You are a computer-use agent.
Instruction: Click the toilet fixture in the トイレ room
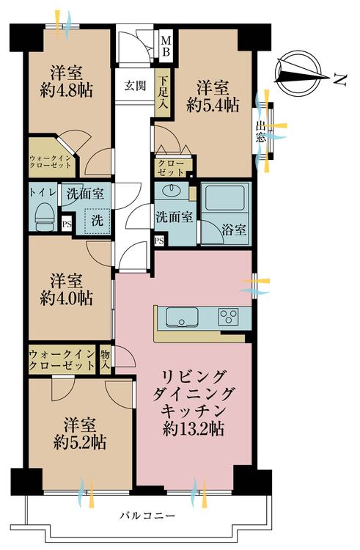(45, 215)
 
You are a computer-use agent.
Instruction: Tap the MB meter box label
(166, 47)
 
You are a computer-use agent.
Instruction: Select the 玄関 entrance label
(135, 86)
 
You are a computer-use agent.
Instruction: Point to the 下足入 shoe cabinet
(163, 92)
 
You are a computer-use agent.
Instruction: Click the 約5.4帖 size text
(213, 105)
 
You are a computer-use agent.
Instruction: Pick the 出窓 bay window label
(260, 131)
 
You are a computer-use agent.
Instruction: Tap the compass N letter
(339, 80)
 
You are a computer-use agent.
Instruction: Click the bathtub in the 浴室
(224, 197)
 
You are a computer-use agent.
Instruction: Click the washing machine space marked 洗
(98, 220)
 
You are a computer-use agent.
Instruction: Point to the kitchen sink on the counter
(182, 317)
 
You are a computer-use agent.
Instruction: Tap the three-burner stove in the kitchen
(229, 317)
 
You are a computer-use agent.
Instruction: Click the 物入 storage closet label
(105, 360)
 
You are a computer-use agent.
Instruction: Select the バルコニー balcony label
(147, 516)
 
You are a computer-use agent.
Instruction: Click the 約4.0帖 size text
(66, 298)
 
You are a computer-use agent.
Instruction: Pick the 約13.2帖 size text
(194, 429)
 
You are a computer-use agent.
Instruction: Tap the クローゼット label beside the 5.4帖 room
(171, 168)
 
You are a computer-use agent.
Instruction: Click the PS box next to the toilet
(67, 224)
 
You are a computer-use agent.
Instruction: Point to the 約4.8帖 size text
(66, 91)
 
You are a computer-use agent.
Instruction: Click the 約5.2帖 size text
(80, 443)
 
